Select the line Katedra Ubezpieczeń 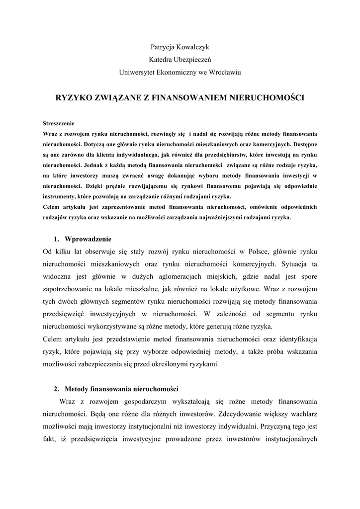pyautogui.click(x=180, y=60)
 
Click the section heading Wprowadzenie pyautogui.click(x=88, y=238)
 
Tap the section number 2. pyautogui.click(x=56, y=388)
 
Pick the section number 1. pyautogui.click(x=56, y=238)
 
